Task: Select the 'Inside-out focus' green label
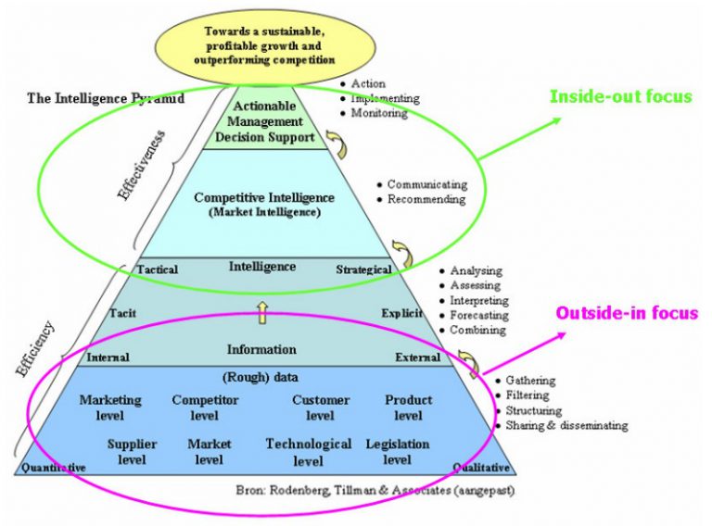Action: [621, 96]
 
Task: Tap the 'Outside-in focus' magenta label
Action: [627, 313]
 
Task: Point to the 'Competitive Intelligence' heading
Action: [264, 197]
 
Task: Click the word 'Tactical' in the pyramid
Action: [158, 269]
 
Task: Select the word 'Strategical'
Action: [363, 269]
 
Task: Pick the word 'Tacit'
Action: [123, 313]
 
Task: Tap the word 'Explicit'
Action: [401, 313]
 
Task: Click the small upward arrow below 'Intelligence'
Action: [262, 313]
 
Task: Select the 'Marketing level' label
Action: [110, 407]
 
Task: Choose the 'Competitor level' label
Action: [205, 407]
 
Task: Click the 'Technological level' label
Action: [309, 452]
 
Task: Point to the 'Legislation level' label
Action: [398, 452]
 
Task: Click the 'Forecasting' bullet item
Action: [477, 316]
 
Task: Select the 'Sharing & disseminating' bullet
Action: [566, 426]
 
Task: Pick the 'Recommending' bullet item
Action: [426, 199]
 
